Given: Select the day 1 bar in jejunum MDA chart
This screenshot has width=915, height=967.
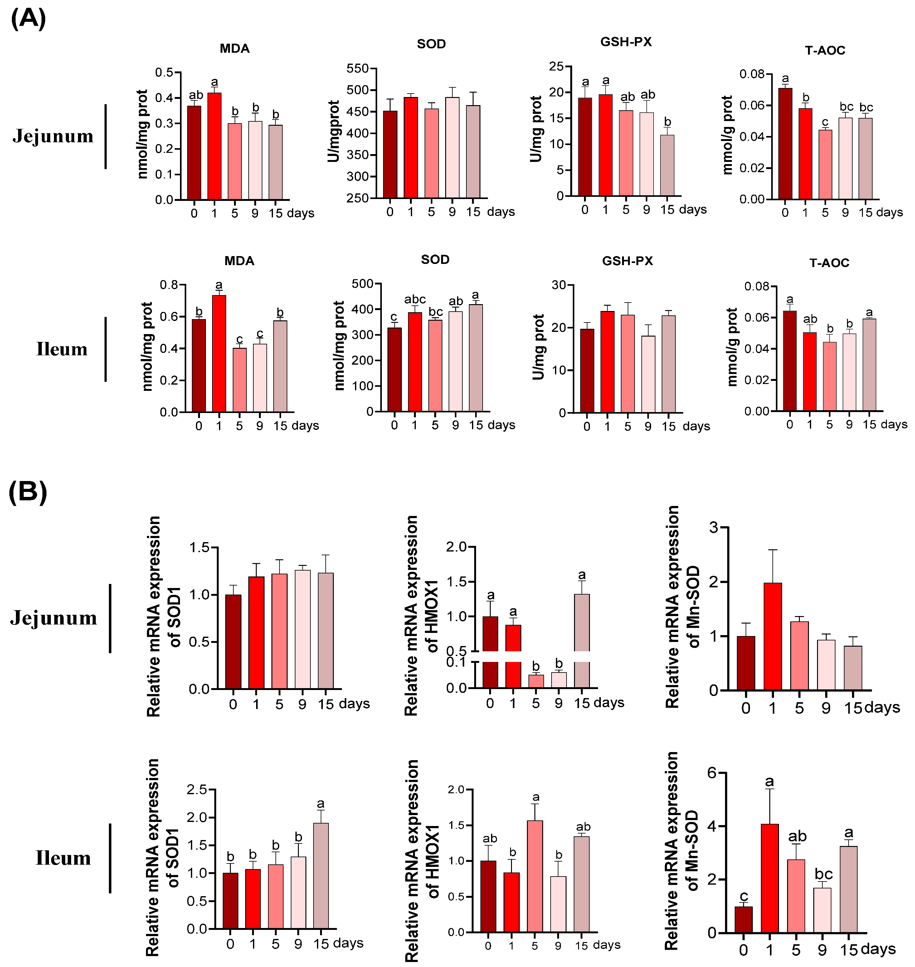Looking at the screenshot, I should click(215, 146).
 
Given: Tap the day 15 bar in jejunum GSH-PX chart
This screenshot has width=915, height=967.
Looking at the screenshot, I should click(667, 166).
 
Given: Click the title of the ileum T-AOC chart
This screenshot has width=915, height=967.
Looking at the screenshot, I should click(829, 263).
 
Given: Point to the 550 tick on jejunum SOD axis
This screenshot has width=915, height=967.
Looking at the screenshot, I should click(358, 68).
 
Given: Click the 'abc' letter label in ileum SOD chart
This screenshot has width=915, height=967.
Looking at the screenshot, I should click(415, 299).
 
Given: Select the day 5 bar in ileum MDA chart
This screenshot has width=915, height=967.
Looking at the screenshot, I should click(240, 380).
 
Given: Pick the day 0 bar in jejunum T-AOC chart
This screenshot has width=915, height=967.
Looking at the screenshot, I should click(785, 144).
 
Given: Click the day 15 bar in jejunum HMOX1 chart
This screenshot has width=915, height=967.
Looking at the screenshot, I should click(582, 629).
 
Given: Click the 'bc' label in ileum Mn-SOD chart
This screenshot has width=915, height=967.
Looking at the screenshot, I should click(824, 874).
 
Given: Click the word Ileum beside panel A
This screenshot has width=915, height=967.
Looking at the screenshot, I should click(62, 349).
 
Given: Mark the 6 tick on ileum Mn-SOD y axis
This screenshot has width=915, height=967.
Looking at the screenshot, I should click(713, 773).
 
